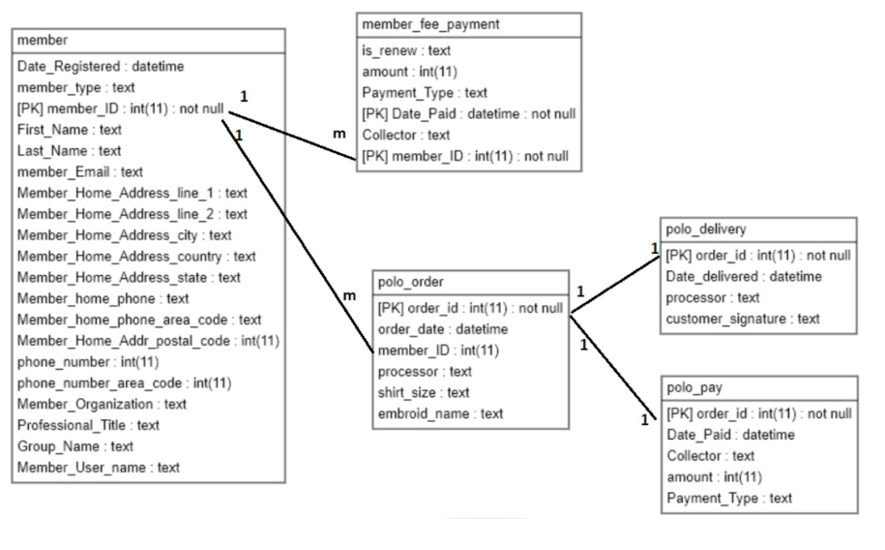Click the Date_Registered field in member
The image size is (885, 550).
point(101,66)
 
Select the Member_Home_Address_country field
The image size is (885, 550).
point(136,257)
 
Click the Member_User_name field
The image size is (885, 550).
point(99,468)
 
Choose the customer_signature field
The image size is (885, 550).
point(743,319)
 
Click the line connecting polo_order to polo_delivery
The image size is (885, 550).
point(614,282)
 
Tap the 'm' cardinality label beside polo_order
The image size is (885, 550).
point(350,293)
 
